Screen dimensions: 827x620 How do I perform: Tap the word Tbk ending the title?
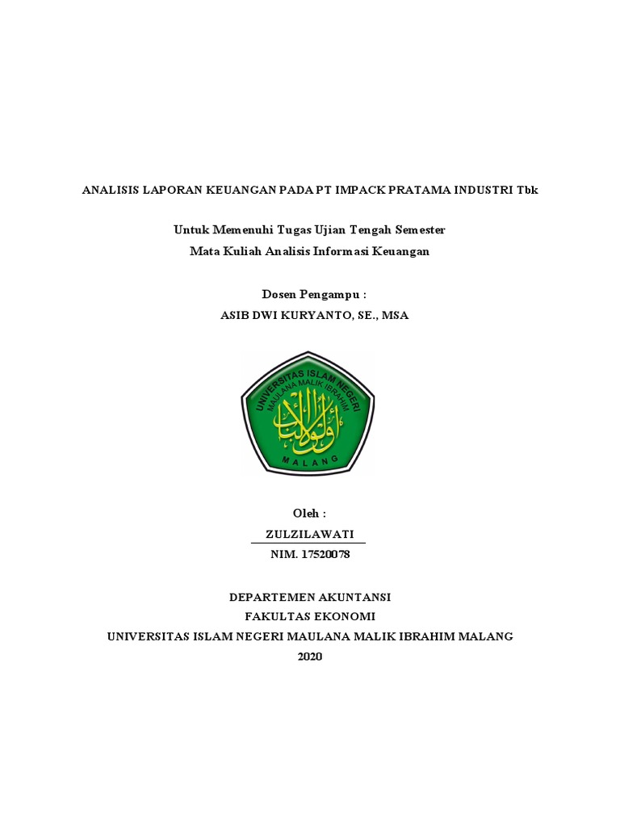click(527, 191)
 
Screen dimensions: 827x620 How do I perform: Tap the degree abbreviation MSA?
click(395, 316)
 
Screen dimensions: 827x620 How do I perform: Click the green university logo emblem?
click(308, 413)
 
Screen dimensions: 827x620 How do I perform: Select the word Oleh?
click(306, 513)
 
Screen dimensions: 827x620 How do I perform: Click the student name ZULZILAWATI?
click(309, 534)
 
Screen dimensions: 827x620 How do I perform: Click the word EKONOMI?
click(345, 616)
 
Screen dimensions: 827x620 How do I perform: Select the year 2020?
click(309, 657)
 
